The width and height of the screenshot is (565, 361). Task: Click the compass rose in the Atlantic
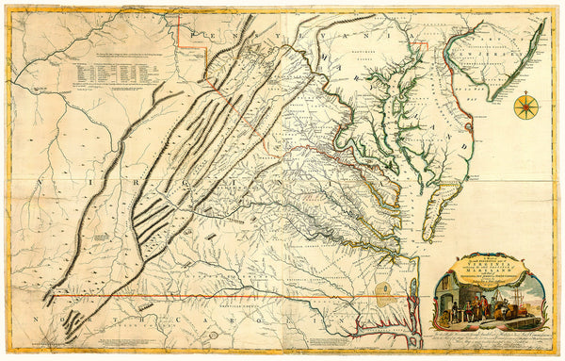click(x=525, y=106)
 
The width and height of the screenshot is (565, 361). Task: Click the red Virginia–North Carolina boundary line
click(x=235, y=296)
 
